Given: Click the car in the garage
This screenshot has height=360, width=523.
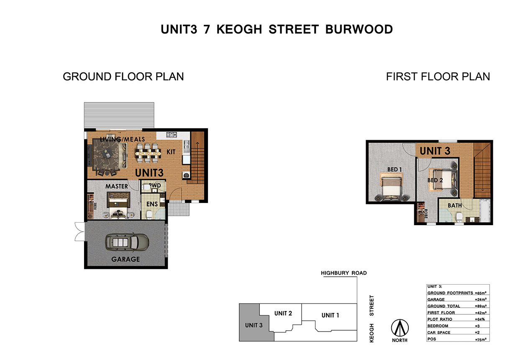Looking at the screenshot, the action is pos(127,242).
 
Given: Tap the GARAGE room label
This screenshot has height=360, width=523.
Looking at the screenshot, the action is pos(126,259).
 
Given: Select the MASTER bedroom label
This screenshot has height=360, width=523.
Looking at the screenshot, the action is pos(116,186).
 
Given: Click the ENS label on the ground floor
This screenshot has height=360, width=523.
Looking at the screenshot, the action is pos(152,204).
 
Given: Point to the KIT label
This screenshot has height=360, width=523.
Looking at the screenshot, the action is pos(171,152).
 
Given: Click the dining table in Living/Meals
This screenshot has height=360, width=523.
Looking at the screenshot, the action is pos(148,153).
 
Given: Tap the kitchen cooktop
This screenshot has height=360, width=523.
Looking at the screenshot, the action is pos(172,134).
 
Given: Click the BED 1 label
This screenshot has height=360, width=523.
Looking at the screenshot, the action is pos(395,170).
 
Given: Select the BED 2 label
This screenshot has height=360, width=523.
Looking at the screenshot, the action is pos(435,180).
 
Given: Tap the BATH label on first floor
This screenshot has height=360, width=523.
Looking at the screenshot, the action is pos(455,206).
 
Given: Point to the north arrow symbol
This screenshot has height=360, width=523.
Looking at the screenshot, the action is pos(400,328).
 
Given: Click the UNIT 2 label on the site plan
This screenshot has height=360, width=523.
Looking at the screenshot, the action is pos(283,313).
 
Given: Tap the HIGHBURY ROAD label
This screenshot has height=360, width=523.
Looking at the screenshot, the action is pos(344,273).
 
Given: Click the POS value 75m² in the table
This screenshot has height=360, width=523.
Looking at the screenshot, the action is pos(480,339).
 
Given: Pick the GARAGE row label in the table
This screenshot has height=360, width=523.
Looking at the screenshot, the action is pos(436,299).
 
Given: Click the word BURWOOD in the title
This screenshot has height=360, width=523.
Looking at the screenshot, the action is pos(359,29).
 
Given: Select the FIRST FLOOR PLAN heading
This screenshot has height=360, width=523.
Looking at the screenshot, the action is pos(438,77).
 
